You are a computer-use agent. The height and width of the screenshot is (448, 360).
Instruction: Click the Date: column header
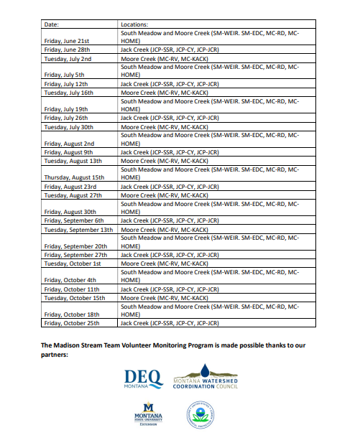(51, 24)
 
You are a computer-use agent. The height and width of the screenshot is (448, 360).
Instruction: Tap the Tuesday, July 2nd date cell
(66, 58)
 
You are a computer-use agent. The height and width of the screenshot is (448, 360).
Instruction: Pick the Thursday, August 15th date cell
(74, 177)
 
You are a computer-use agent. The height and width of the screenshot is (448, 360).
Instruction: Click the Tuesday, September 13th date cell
(78, 229)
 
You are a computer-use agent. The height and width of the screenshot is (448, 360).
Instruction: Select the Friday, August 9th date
(69, 151)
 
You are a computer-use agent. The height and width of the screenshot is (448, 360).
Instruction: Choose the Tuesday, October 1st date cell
(73, 263)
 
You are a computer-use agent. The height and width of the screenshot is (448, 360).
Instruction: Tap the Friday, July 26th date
(66, 118)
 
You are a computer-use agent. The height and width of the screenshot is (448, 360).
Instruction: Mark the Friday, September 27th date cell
(75, 254)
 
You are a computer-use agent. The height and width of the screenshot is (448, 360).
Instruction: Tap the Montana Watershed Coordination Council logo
(206, 379)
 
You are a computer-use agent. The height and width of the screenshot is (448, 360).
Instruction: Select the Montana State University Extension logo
(148, 416)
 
